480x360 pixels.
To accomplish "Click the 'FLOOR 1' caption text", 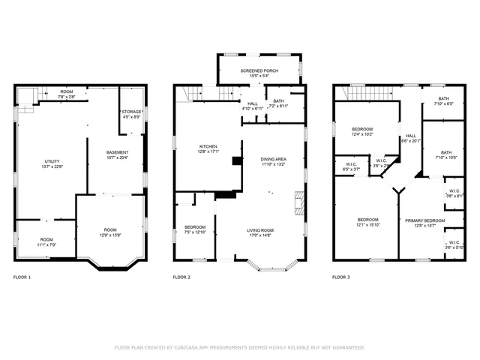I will click(22, 277).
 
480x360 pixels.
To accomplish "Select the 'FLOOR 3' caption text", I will click(340, 277).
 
